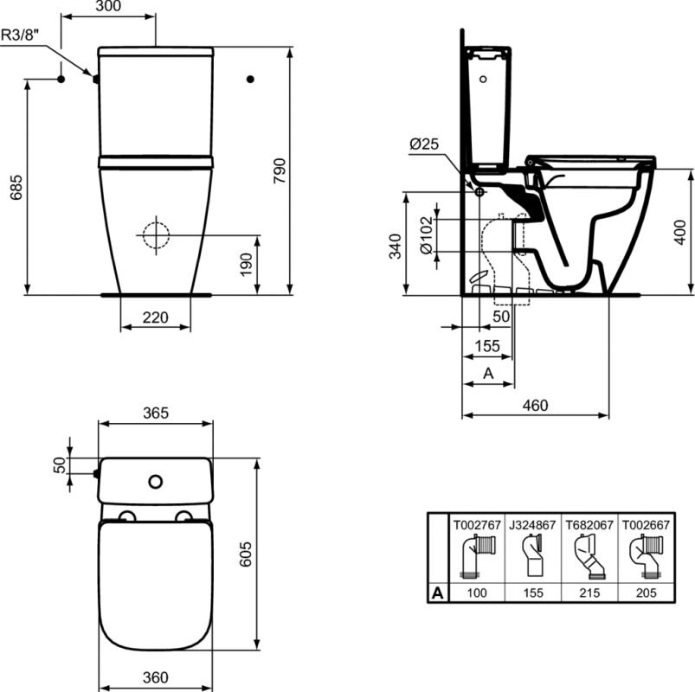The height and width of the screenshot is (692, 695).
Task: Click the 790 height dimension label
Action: click(280, 170)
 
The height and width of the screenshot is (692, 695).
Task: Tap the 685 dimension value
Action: click(16, 187)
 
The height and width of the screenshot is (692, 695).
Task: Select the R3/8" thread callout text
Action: click(21, 35)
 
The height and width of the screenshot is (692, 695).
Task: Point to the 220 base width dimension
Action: click(155, 317)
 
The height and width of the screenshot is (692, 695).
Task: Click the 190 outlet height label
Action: click(246, 265)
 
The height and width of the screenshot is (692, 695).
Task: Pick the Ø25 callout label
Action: click(424, 144)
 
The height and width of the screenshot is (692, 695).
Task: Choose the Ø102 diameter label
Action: click(427, 235)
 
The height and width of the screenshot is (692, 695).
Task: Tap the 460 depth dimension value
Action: click(535, 405)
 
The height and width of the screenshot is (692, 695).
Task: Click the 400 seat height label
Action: click(680, 232)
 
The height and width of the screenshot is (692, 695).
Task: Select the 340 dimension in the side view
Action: click(395, 247)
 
